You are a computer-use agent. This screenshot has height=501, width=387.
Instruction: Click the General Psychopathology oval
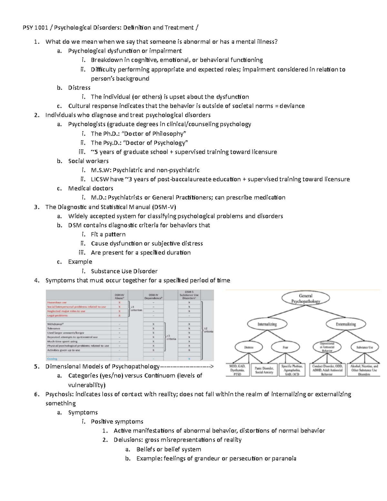(x=305, y=298)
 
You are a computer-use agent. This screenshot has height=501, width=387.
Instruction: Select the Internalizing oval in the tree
(x=267, y=324)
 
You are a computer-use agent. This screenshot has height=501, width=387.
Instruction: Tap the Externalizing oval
(x=345, y=324)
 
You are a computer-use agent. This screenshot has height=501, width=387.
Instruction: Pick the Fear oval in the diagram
(x=285, y=347)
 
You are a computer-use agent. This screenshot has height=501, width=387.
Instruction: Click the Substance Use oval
(x=365, y=347)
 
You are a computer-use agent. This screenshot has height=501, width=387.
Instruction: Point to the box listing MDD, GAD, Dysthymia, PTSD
(x=237, y=370)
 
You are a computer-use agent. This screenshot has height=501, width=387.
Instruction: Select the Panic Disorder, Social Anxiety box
(x=264, y=370)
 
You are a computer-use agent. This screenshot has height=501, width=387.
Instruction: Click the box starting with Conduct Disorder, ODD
(x=327, y=370)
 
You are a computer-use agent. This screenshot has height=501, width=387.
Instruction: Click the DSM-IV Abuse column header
(x=119, y=296)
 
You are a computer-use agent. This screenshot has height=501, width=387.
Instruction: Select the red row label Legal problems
(x=57, y=316)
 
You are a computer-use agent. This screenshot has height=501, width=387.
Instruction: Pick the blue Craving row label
(x=52, y=359)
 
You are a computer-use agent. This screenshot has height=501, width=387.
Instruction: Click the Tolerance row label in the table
(x=54, y=328)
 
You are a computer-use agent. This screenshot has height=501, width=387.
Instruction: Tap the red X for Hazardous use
(x=119, y=303)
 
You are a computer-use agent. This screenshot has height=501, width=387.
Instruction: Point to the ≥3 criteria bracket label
(x=171, y=337)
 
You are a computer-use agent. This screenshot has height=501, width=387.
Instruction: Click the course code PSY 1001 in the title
(x=35, y=28)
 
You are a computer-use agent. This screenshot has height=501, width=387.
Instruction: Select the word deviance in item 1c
(x=292, y=106)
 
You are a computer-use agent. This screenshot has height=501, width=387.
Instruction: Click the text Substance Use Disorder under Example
(x=124, y=271)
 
